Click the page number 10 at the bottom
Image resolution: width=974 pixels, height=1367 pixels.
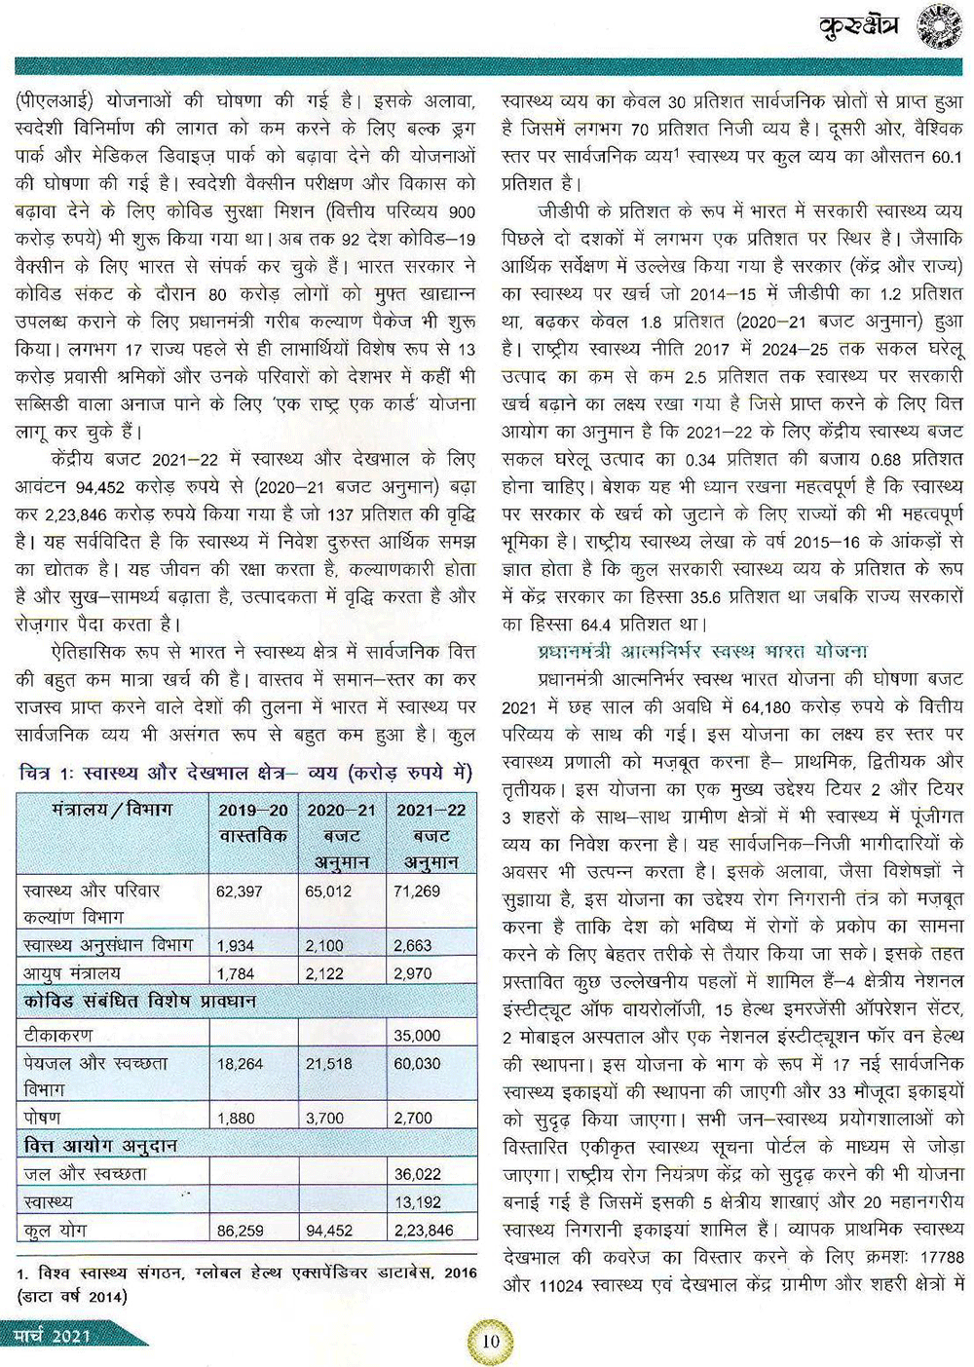click(490, 1341)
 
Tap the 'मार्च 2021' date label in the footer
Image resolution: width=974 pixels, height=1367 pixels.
click(55, 1335)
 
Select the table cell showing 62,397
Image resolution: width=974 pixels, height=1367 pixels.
click(240, 892)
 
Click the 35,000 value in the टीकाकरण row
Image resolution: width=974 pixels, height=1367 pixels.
click(417, 1036)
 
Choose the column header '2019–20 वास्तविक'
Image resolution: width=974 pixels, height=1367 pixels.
click(252, 823)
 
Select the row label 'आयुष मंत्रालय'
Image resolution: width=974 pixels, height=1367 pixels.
click(73, 972)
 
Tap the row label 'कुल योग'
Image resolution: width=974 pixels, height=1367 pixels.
click(56, 1231)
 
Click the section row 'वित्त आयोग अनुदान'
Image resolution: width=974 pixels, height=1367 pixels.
click(100, 1147)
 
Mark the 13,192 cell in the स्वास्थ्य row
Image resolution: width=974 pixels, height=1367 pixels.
click(417, 1202)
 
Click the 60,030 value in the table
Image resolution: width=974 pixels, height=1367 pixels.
click(417, 1064)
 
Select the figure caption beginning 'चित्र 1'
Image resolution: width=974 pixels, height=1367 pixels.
click(245, 773)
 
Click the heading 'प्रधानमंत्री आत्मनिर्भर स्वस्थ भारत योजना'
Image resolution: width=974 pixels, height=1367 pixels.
click(701, 652)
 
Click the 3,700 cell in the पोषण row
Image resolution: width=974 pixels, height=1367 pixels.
click(324, 1119)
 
